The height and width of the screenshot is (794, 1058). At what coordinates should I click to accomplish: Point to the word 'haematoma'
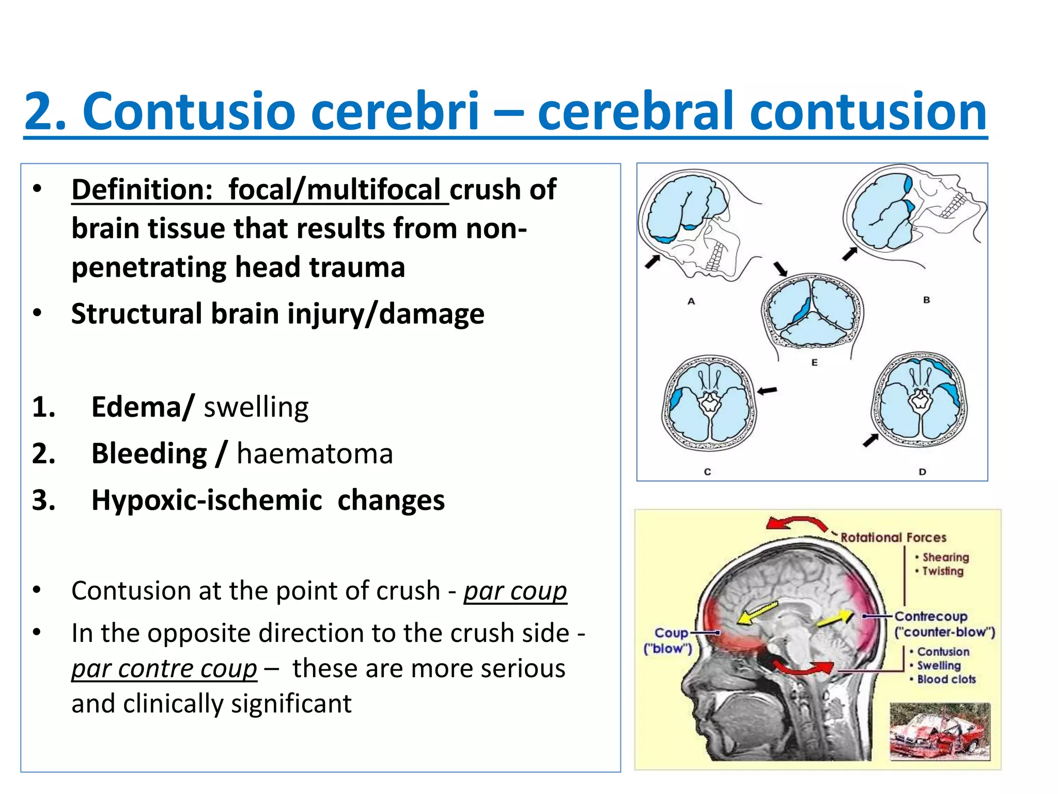click(x=315, y=454)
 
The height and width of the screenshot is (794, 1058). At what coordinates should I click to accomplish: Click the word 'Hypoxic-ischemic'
click(x=207, y=500)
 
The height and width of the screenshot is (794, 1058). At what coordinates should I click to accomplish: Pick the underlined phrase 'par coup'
click(x=515, y=591)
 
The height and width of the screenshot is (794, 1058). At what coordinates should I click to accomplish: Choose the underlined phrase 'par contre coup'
click(x=164, y=669)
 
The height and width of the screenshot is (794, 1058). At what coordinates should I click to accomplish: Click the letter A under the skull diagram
click(x=691, y=301)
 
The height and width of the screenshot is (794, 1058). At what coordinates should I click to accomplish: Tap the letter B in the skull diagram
click(x=926, y=300)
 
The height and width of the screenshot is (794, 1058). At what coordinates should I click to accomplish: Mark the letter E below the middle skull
click(x=814, y=363)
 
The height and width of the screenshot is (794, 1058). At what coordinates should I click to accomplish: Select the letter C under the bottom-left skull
click(x=707, y=472)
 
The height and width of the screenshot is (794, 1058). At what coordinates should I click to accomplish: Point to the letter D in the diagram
click(x=922, y=472)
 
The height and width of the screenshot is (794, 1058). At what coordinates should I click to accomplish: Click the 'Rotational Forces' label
click(x=893, y=538)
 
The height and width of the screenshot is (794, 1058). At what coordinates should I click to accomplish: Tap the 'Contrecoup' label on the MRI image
click(x=930, y=616)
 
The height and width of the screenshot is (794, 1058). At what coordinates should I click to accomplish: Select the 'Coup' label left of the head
click(x=671, y=633)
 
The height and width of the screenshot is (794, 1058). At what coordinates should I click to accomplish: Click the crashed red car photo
click(x=939, y=731)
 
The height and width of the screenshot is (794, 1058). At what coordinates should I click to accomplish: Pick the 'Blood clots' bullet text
click(x=946, y=679)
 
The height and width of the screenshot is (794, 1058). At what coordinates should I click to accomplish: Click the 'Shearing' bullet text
click(x=945, y=557)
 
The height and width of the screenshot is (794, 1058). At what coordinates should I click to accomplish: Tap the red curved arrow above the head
click(x=797, y=523)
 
